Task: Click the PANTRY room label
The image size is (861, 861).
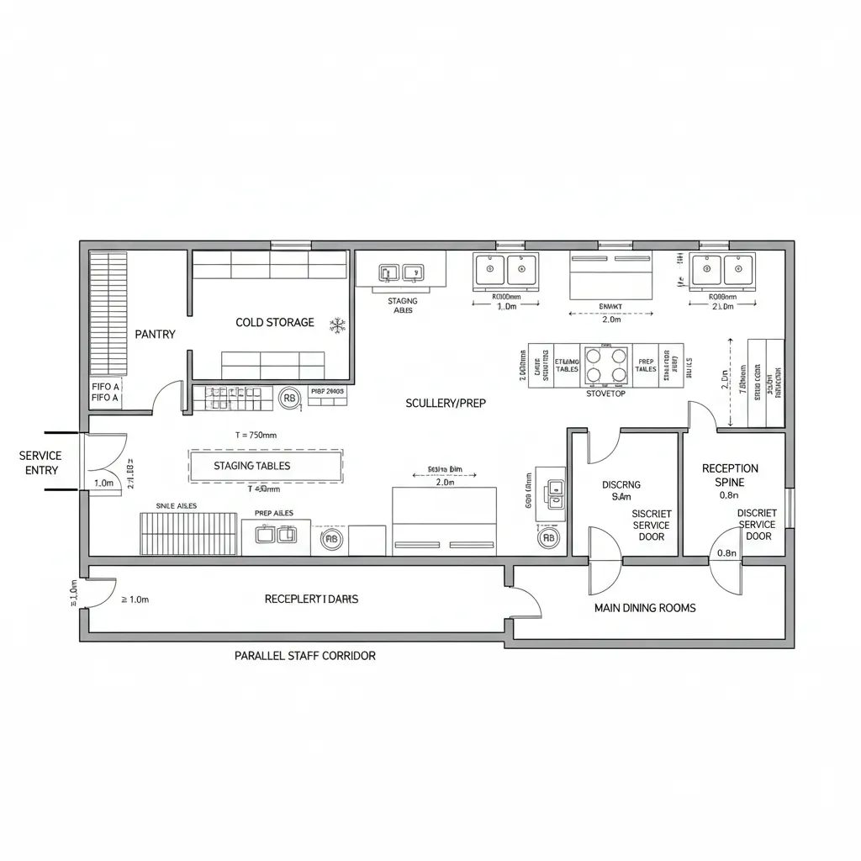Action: click(155, 334)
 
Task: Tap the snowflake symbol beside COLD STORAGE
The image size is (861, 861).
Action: click(338, 324)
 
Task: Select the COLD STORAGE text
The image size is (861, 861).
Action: click(275, 322)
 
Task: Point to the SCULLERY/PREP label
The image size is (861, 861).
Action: click(445, 403)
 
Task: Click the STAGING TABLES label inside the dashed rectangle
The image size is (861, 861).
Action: click(252, 466)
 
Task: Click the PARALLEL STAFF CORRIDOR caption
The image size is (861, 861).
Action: click(304, 655)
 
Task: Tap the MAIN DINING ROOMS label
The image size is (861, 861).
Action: click(645, 607)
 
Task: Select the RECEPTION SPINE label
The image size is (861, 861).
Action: click(730, 475)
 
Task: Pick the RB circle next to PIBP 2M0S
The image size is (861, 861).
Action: click(288, 399)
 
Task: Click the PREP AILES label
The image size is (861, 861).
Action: click(273, 512)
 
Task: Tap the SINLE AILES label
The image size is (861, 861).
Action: click(177, 505)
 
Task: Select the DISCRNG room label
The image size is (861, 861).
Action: click(621, 484)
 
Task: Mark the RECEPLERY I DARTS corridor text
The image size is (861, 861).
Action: click(311, 599)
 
